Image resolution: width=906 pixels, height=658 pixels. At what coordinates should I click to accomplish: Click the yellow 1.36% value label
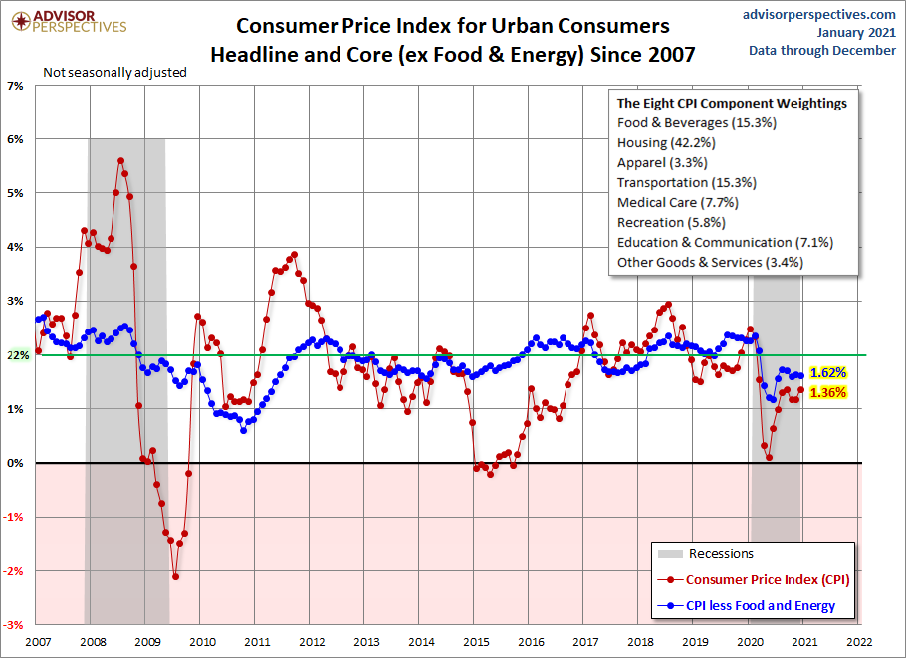pos(828,392)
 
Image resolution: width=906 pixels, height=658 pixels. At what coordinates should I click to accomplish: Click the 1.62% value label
pos(828,372)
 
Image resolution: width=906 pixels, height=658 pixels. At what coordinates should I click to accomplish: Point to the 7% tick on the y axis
pos(17,87)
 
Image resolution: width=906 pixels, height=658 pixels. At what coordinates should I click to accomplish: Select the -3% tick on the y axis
pos(17,624)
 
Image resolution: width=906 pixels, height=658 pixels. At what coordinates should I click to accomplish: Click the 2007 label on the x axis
pos(38,642)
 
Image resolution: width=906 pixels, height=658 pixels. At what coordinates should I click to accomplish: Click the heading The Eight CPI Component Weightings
pos(732,103)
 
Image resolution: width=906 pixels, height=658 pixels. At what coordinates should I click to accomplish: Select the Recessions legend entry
pos(720,553)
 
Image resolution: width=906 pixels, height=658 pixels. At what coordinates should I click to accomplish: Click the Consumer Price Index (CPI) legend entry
pos(768,579)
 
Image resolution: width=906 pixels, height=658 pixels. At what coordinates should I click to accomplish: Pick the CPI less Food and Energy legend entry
pos(761,605)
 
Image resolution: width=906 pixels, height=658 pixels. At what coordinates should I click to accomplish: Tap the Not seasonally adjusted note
pos(114,72)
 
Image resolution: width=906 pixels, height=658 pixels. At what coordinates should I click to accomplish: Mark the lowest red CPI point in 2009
pos(175,576)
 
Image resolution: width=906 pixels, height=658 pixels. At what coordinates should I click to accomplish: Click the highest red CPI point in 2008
pos(120,160)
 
